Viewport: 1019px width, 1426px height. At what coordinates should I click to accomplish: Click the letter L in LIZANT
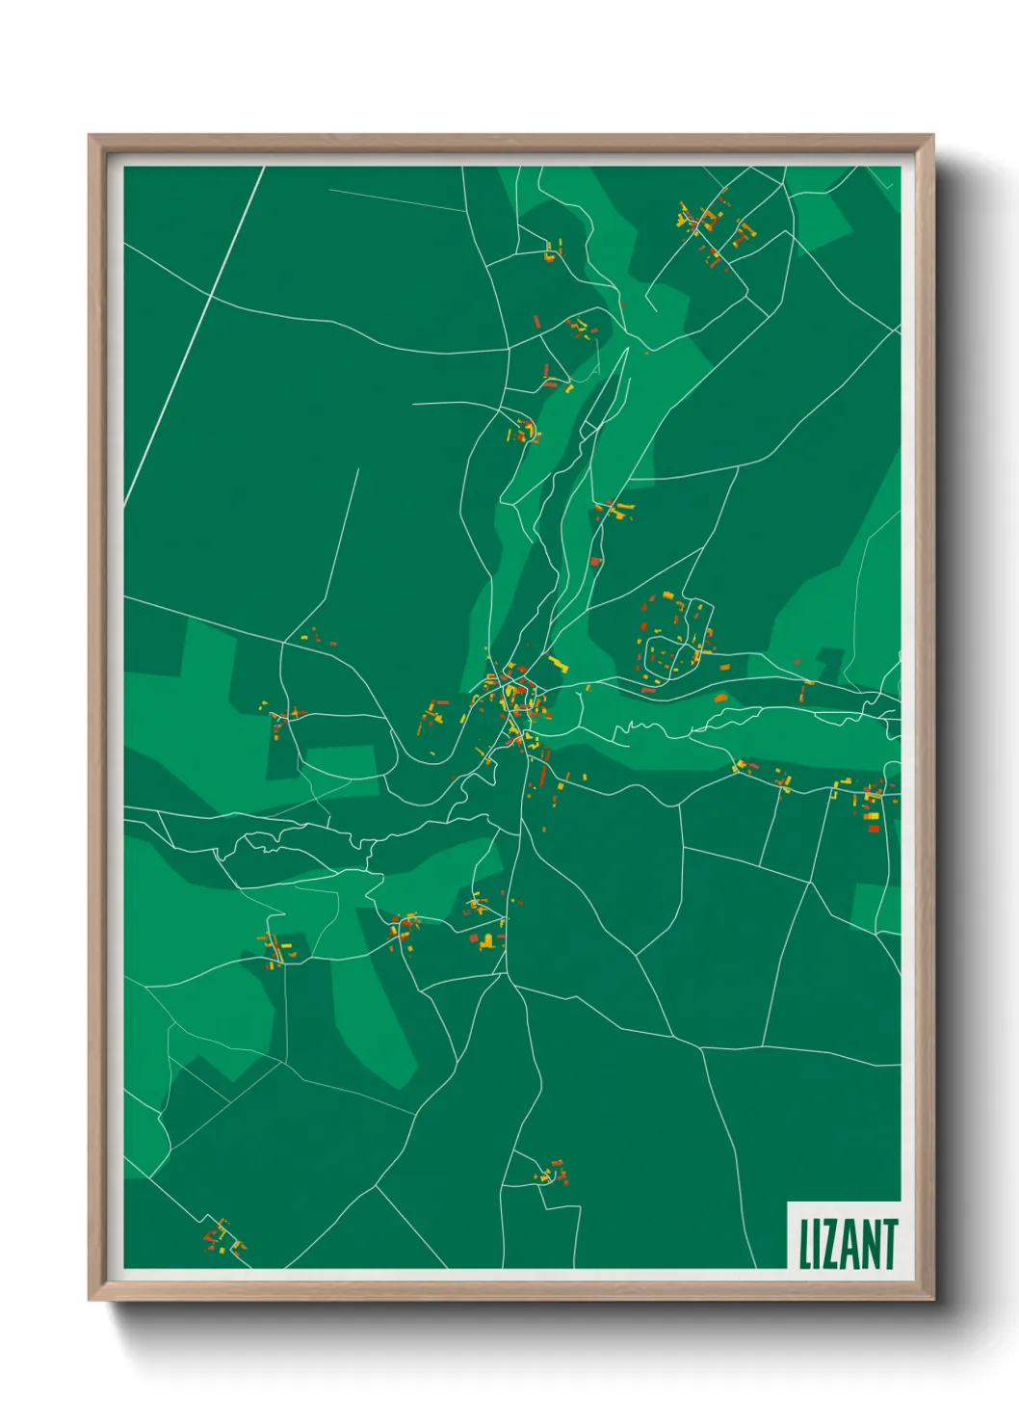tap(805, 1244)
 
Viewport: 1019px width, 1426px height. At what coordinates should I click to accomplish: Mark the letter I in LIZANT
tap(816, 1244)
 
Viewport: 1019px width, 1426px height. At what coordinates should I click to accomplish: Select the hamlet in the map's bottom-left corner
tap(221, 1236)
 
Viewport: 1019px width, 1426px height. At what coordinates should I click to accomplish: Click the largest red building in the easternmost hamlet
tap(873, 828)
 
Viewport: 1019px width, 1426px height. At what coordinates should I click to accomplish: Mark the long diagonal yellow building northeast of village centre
tap(558, 663)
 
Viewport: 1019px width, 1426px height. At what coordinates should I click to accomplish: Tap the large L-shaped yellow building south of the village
tap(488, 941)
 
